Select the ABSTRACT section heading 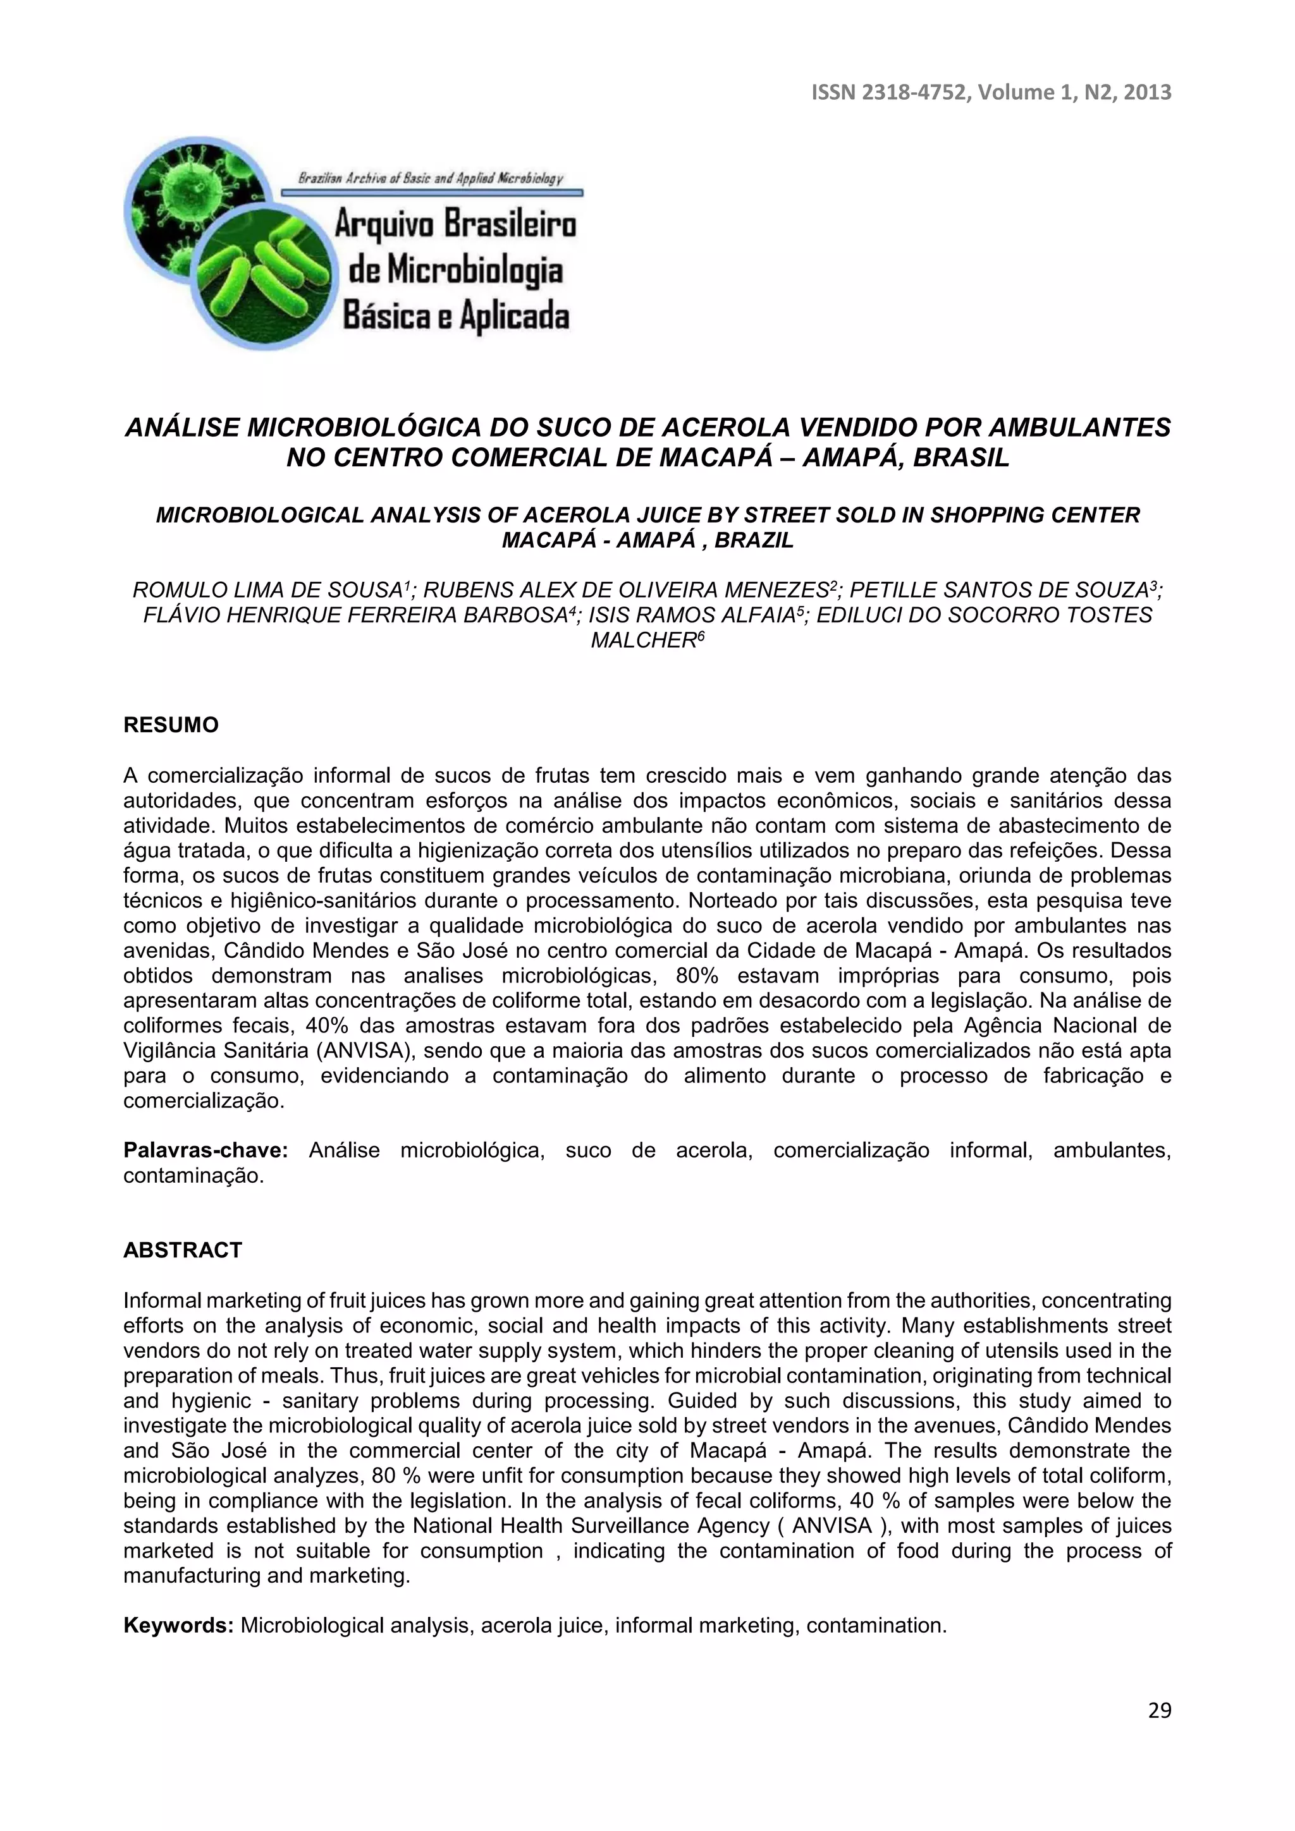click(x=182, y=1250)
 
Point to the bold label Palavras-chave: click(x=205, y=1150)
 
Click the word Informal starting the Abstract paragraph click(x=162, y=1301)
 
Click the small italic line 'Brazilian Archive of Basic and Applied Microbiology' click(x=431, y=179)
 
